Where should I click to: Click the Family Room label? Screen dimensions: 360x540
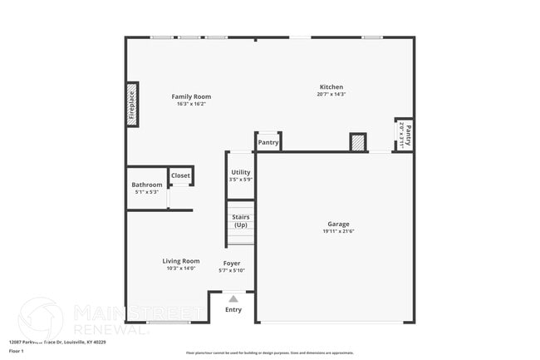pyautogui.click(x=191, y=96)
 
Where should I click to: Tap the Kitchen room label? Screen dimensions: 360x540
pyautogui.click(x=331, y=87)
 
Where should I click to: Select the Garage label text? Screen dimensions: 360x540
pyautogui.click(x=338, y=224)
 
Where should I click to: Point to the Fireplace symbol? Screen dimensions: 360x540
pyautogui.click(x=132, y=104)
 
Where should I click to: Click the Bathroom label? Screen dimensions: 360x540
pyautogui.click(x=147, y=185)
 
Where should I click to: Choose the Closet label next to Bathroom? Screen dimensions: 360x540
pyautogui.click(x=180, y=175)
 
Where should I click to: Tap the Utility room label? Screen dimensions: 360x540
pyautogui.click(x=241, y=172)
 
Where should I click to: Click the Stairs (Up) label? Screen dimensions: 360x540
pyautogui.click(x=241, y=221)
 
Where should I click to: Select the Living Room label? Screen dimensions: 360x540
pyautogui.click(x=181, y=261)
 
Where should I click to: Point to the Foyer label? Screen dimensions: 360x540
pyautogui.click(x=232, y=263)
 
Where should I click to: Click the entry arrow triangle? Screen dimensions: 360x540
pyautogui.click(x=233, y=298)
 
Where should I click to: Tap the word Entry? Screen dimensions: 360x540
pyautogui.click(x=233, y=310)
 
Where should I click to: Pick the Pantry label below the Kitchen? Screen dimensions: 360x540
pyautogui.click(x=268, y=142)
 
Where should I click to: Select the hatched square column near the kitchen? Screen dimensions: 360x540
pyautogui.click(x=358, y=143)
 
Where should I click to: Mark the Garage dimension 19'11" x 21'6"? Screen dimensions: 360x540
pyautogui.click(x=338, y=231)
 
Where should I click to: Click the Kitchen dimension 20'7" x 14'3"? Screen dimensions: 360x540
pyautogui.click(x=331, y=95)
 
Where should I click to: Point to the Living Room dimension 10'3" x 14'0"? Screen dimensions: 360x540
pyautogui.click(x=181, y=269)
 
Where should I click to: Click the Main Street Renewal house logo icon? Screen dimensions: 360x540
pyautogui.click(x=40, y=318)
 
